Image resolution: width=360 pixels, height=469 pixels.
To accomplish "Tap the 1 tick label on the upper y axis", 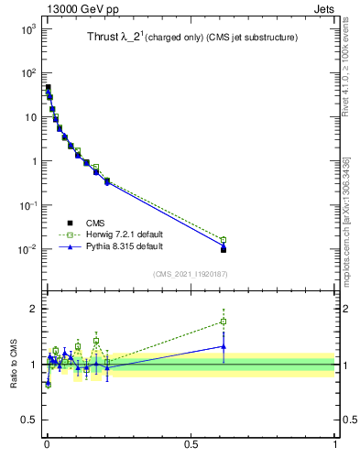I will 31,161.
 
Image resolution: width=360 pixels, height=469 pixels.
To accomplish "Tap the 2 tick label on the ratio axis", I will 33,309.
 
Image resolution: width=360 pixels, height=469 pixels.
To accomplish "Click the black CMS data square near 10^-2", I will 224,249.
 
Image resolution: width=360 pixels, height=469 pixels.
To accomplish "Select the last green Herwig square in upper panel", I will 224,240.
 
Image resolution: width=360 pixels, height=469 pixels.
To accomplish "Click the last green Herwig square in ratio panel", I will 224,322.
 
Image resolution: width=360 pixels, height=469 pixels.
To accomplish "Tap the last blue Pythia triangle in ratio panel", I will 224,346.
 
